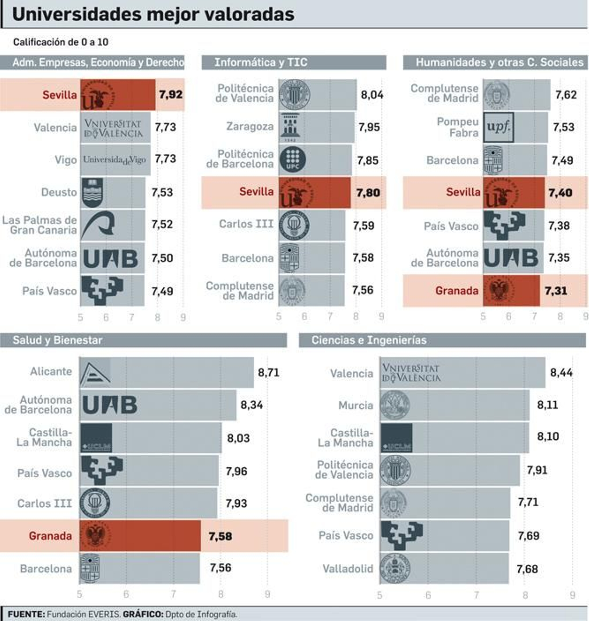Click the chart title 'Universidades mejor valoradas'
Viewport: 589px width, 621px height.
(153, 15)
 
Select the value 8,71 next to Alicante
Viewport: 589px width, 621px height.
(268, 372)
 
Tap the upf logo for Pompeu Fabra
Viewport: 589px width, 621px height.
(498, 127)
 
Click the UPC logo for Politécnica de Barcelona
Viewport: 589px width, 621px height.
(292, 160)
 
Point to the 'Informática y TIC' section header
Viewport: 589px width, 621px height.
(261, 62)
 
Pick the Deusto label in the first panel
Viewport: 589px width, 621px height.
(59, 192)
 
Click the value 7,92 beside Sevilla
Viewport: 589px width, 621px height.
(170, 94)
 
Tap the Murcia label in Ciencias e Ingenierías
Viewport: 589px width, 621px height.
(356, 405)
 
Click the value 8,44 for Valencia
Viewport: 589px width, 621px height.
(561, 372)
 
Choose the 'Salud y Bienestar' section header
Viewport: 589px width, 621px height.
(57, 340)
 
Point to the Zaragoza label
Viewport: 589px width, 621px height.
(250, 126)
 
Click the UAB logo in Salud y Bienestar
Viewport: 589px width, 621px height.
(110, 405)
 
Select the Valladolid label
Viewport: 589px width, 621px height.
(348, 569)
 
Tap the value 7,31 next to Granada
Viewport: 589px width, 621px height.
(556, 291)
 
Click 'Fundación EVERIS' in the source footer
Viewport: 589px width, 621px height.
(84, 614)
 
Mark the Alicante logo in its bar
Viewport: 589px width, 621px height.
(95, 373)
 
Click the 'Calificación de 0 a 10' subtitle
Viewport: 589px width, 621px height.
(61, 42)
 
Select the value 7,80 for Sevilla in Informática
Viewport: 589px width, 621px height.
(368, 192)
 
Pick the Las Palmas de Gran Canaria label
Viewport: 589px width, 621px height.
(40, 225)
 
